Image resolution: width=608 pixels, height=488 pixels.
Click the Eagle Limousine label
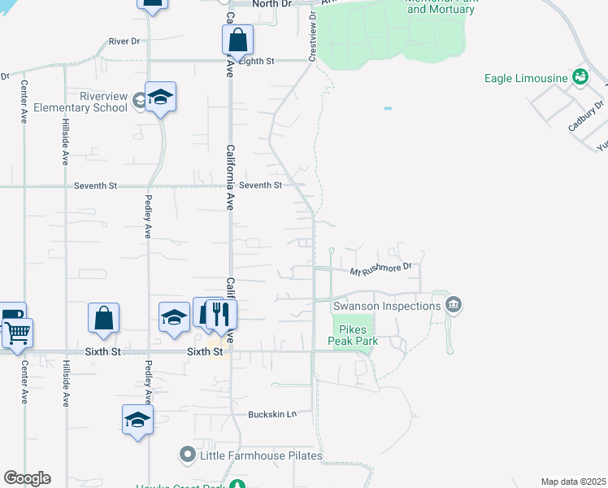pos(526,78)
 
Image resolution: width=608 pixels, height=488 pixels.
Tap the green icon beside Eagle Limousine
pos(580,77)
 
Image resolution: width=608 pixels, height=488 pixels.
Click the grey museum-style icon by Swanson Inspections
pos(454,306)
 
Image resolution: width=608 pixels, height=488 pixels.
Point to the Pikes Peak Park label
pos(353,336)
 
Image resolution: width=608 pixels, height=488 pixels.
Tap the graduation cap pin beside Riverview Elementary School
pos(161,98)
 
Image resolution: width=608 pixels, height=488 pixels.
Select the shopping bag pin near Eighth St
pos(237,39)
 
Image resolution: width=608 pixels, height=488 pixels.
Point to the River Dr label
pos(124,40)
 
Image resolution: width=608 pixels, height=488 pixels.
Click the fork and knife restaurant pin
pos(220,313)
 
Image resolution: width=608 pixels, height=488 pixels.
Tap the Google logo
pos(27,478)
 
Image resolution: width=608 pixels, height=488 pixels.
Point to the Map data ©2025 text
pos(573,481)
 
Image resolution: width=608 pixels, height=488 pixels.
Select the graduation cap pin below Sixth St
pos(137,420)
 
